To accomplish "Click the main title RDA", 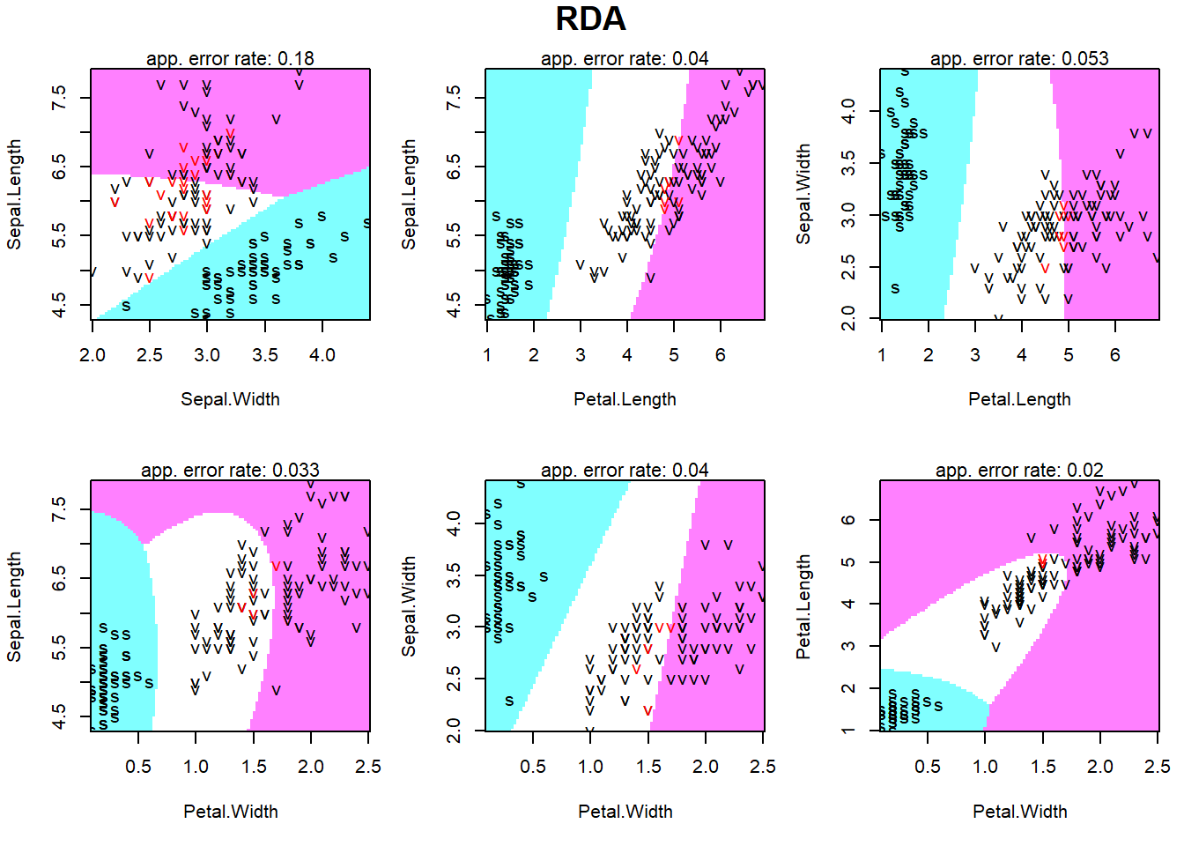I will click(590, 19).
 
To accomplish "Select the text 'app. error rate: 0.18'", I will click(230, 59).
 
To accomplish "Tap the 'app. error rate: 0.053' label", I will click(1019, 59).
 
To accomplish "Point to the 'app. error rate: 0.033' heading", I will click(230, 471).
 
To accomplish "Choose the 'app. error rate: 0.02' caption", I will click(1019, 471).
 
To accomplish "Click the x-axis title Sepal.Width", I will click(230, 399).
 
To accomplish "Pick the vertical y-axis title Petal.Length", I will click(803, 606).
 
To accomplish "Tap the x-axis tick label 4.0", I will click(322, 355).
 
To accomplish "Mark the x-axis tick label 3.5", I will click(265, 355).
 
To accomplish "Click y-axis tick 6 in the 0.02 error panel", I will click(848, 520).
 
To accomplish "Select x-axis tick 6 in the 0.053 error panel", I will click(1114, 355).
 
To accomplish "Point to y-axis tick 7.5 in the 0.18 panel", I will click(59, 98).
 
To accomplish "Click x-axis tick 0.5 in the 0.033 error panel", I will click(138, 767).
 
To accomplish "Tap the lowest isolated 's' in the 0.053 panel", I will click(895, 288).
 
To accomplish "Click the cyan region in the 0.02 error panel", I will click(925, 687).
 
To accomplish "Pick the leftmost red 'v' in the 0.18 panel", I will click(115, 203).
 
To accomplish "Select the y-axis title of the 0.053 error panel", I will click(803, 195).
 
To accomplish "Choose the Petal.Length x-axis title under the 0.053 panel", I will click(1019, 399).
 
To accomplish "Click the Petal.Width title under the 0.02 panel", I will click(1019, 812).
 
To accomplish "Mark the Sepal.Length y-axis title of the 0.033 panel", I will click(14, 606).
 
